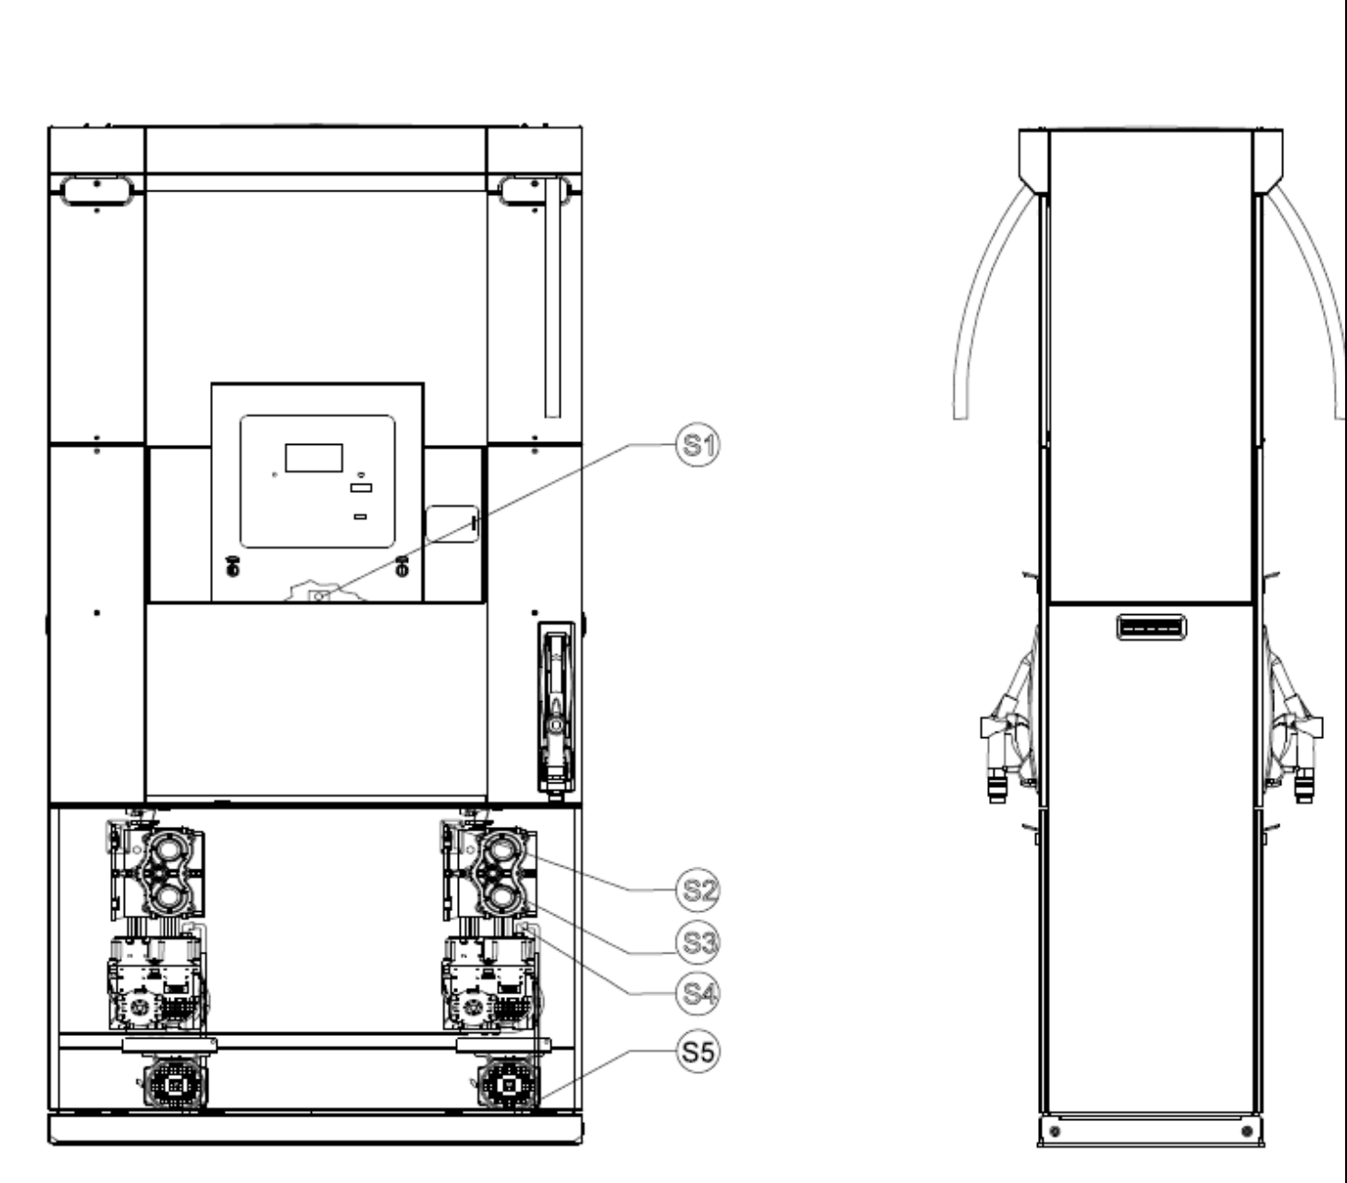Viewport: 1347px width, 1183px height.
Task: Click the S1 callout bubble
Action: pyautogui.click(x=698, y=445)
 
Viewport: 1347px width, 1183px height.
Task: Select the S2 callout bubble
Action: pyautogui.click(x=698, y=890)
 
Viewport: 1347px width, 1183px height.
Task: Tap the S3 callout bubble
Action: pyautogui.click(x=698, y=943)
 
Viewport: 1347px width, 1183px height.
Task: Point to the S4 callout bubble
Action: pyautogui.click(x=698, y=994)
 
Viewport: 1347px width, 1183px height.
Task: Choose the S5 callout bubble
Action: pyautogui.click(x=698, y=1052)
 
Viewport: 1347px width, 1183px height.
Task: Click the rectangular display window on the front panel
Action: pyautogui.click(x=314, y=458)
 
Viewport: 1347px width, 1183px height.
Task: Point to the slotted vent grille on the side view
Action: pyautogui.click(x=1152, y=627)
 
